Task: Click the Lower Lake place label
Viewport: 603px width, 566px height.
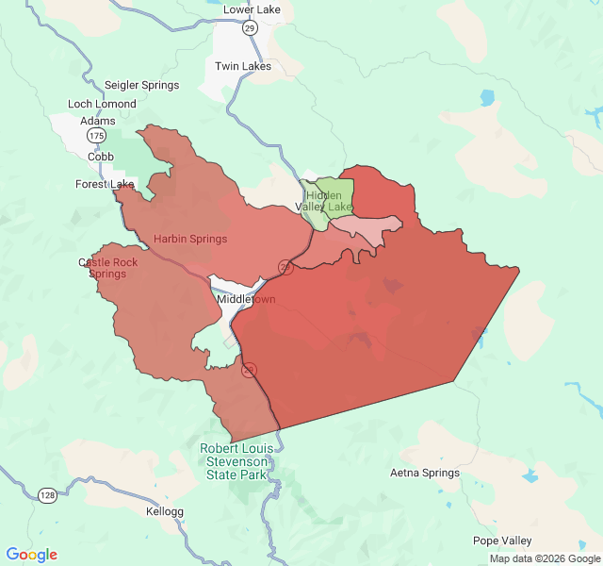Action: tap(251, 9)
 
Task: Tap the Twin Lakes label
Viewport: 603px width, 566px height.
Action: tap(243, 66)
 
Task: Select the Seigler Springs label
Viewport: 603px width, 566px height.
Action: tap(141, 85)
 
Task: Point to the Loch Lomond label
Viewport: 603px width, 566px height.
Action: tap(102, 104)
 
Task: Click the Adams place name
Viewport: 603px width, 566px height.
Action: tap(98, 121)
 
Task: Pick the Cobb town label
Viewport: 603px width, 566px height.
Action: tap(101, 157)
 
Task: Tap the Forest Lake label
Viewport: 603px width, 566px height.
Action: tap(106, 184)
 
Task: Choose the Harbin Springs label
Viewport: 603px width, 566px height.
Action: tap(190, 239)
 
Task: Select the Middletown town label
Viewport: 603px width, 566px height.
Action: tap(247, 299)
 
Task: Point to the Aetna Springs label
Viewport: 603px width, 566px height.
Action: tap(425, 473)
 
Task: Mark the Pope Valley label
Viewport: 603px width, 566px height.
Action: tap(503, 541)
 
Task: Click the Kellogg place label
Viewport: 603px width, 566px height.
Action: tap(165, 511)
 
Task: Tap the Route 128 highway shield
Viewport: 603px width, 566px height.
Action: tap(46, 494)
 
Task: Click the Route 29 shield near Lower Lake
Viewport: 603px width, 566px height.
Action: tap(250, 28)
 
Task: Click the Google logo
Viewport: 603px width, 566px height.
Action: tap(32, 555)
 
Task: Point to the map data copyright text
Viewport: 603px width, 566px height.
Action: tap(544, 558)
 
